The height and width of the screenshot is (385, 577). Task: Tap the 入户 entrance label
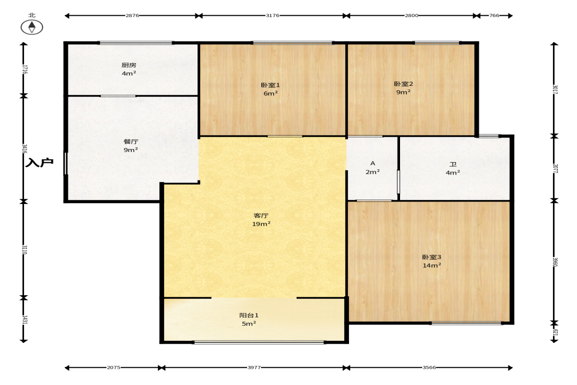(x=39, y=162)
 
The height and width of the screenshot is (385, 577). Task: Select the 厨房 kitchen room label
(x=129, y=65)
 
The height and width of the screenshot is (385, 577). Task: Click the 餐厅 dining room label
(x=130, y=141)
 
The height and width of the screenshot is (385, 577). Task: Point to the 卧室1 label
(x=271, y=85)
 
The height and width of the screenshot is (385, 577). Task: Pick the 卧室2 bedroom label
(x=403, y=84)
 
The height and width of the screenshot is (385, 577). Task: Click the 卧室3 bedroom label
(x=431, y=257)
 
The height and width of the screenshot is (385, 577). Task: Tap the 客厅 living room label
(x=261, y=215)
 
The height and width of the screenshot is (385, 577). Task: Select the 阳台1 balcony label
(x=249, y=315)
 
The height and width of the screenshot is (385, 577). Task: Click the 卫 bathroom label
(x=453, y=164)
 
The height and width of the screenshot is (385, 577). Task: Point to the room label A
(x=373, y=163)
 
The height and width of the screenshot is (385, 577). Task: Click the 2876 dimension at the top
(x=132, y=16)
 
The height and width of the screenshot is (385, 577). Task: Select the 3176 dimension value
(x=272, y=16)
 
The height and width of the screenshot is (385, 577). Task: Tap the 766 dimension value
(x=494, y=16)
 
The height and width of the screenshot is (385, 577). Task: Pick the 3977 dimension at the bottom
(x=254, y=367)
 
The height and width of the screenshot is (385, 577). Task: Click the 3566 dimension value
(x=429, y=367)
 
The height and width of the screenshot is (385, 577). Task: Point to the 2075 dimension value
(x=113, y=367)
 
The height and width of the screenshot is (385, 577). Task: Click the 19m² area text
(x=261, y=224)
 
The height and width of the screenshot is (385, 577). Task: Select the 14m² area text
(x=431, y=265)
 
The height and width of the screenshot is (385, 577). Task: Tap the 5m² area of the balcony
(x=249, y=324)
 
